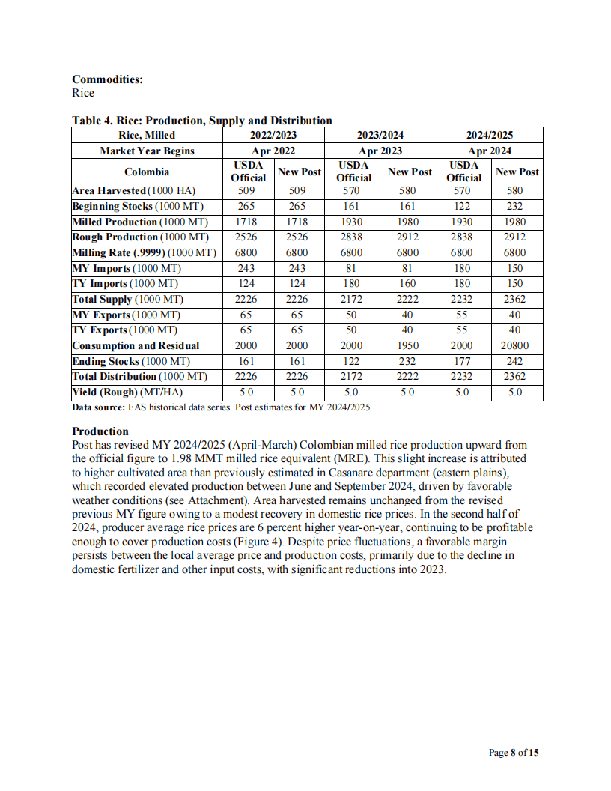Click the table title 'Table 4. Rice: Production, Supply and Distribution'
(201, 121)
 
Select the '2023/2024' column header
(380, 135)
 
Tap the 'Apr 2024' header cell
(490, 151)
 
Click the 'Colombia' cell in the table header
(147, 172)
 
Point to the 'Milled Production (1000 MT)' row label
(142, 222)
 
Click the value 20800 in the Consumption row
(515, 346)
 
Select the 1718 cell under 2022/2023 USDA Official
(246, 222)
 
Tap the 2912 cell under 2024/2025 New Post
(515, 237)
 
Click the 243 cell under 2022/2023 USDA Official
(246, 268)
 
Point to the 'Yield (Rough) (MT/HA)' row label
(127, 393)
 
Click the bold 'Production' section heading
(100, 431)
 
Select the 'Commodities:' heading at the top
(107, 79)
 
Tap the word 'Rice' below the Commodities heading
(83, 93)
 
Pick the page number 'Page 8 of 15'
(513, 753)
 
